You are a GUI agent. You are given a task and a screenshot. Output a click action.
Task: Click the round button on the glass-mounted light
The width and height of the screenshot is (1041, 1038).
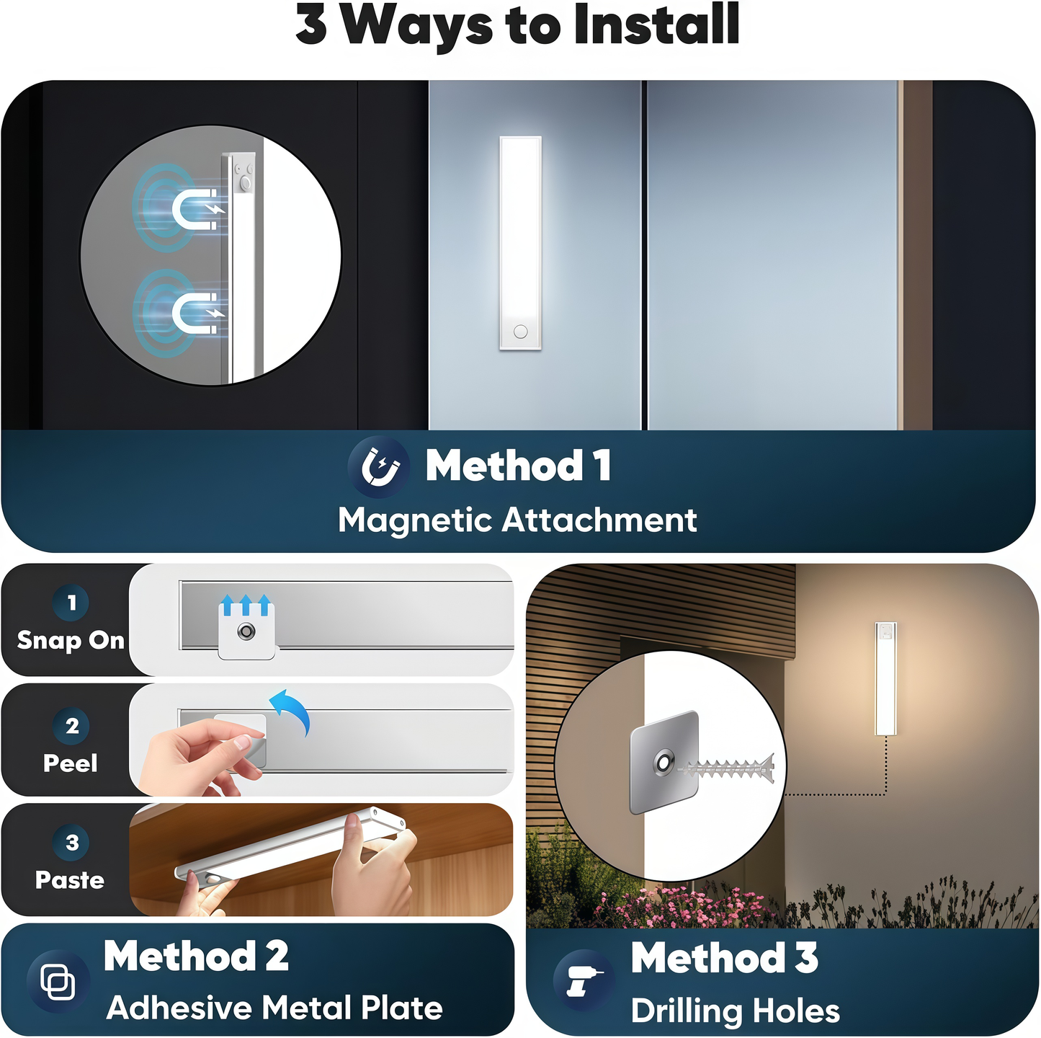521,332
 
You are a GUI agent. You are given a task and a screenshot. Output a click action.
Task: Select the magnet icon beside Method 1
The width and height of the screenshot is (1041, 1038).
380,467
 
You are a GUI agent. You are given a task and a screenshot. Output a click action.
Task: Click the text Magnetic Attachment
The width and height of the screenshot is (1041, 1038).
517,520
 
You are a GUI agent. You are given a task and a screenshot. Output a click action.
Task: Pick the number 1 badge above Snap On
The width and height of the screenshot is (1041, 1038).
71,603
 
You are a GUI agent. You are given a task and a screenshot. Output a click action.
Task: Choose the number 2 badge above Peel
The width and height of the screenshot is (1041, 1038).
71,726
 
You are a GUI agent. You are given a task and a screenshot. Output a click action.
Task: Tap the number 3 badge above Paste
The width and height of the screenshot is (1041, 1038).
71,842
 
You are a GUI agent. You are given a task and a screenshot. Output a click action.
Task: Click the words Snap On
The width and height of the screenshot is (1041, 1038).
71,640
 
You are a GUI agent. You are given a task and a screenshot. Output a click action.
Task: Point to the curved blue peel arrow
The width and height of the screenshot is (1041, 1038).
292,709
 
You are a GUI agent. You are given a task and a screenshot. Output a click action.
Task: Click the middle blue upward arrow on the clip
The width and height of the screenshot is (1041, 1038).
246,605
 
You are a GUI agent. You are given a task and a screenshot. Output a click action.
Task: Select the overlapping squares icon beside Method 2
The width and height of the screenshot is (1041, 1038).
58,982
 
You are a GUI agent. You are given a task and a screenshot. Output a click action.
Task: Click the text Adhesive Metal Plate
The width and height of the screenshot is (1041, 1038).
274,1008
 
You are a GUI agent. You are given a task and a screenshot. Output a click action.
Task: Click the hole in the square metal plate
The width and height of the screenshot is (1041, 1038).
663,763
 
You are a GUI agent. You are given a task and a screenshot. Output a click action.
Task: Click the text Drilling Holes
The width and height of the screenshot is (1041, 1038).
735,1011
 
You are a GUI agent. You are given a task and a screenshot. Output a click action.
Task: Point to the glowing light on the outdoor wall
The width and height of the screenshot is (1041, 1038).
885,678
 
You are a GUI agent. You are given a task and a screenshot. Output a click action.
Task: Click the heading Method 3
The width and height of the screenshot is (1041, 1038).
724,958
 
